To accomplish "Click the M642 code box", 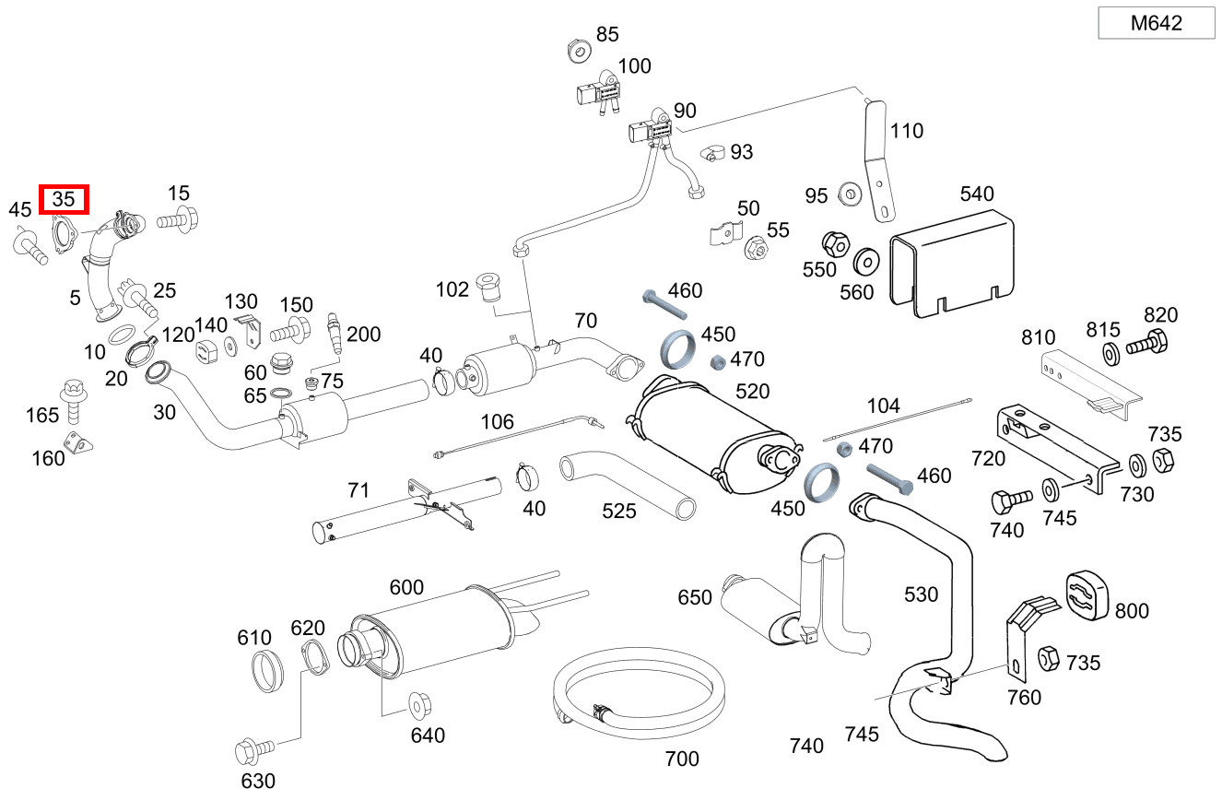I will tap(1157, 24).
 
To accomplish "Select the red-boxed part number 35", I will tap(64, 199).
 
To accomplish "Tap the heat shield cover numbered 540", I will tap(949, 263).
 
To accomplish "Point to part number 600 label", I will tap(406, 588).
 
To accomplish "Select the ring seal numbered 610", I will tap(267, 670).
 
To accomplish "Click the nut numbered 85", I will tap(579, 51).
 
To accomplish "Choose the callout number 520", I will tap(753, 392).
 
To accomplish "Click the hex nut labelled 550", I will tap(834, 244).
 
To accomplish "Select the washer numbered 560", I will tap(866, 262).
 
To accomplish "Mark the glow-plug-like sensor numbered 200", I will tap(335, 335).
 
